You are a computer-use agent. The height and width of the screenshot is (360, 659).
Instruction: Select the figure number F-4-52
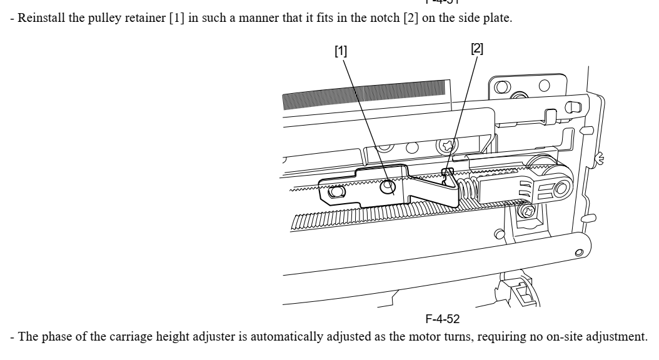coord(443,319)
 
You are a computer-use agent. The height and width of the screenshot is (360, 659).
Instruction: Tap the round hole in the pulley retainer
coord(388,186)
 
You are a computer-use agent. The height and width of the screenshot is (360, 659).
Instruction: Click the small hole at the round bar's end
coord(579,252)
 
